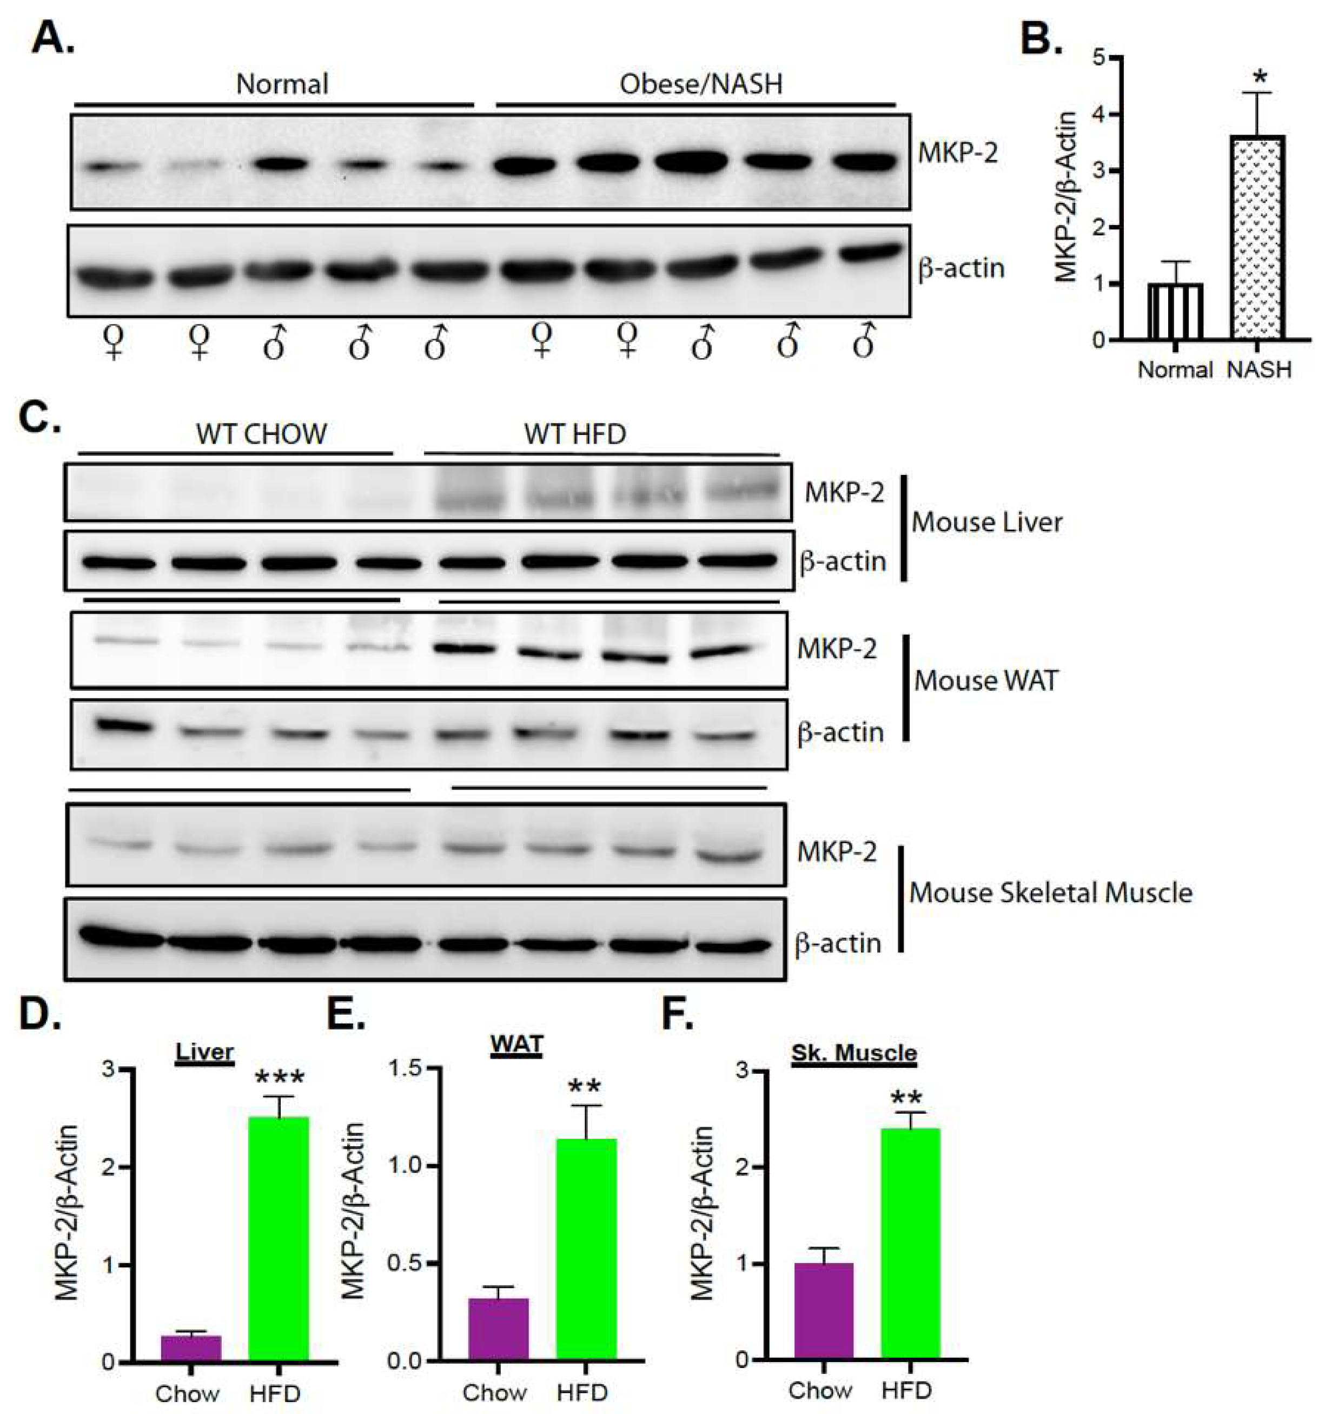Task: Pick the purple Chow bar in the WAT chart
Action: click(x=498, y=1330)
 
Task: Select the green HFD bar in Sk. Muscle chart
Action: click(x=910, y=1245)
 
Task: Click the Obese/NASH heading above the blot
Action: click(x=700, y=84)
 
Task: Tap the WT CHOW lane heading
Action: click(x=261, y=434)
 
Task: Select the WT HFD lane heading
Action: click(x=575, y=434)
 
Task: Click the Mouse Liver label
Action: click(x=986, y=523)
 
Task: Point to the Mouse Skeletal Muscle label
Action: click(x=1050, y=893)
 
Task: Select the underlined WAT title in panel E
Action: click(x=516, y=1045)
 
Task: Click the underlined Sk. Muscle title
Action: click(x=853, y=1052)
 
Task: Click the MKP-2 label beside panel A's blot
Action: click(x=957, y=152)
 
